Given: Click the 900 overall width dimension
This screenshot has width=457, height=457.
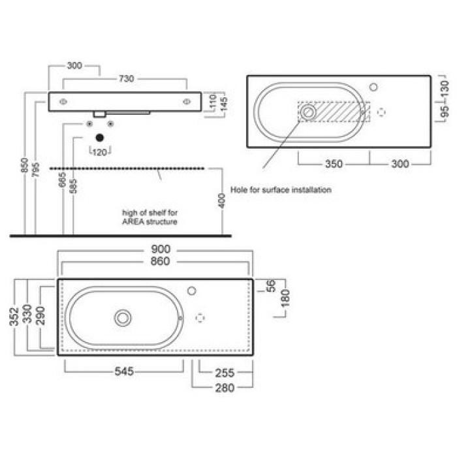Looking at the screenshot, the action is pyautogui.click(x=161, y=249).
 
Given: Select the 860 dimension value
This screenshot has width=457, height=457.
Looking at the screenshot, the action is pyautogui.click(x=161, y=261).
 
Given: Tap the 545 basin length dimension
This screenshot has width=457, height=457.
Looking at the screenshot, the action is pyautogui.click(x=124, y=371).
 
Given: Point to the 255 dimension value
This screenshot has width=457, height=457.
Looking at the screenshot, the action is pyautogui.click(x=225, y=373).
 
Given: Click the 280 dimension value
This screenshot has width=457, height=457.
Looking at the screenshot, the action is pyautogui.click(x=225, y=388).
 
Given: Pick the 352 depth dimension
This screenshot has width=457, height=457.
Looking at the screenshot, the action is pyautogui.click(x=14, y=317).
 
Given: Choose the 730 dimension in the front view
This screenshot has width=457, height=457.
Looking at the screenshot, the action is pyautogui.click(x=127, y=79).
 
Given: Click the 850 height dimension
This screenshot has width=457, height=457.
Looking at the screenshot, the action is pyautogui.click(x=25, y=165).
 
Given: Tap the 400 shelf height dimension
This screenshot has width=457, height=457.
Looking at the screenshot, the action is pyautogui.click(x=221, y=201).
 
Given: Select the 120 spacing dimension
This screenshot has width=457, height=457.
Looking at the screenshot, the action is pyautogui.click(x=100, y=152).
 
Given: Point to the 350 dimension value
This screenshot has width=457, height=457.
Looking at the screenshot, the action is pyautogui.click(x=334, y=164).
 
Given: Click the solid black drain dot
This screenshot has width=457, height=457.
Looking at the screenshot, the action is pyautogui.click(x=100, y=138).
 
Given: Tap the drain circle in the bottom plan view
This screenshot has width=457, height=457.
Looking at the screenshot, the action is pyautogui.click(x=123, y=318).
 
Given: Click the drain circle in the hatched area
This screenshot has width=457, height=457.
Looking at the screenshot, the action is pyautogui.click(x=307, y=112).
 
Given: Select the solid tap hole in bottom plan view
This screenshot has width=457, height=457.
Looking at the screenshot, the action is pyautogui.click(x=191, y=291).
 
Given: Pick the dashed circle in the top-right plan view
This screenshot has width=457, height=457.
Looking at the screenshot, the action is pyautogui.click(x=381, y=112).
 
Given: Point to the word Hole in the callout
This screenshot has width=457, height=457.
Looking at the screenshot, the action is pyautogui.click(x=238, y=190).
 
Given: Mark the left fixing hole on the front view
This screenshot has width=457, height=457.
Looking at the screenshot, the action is pyautogui.click(x=63, y=102).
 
